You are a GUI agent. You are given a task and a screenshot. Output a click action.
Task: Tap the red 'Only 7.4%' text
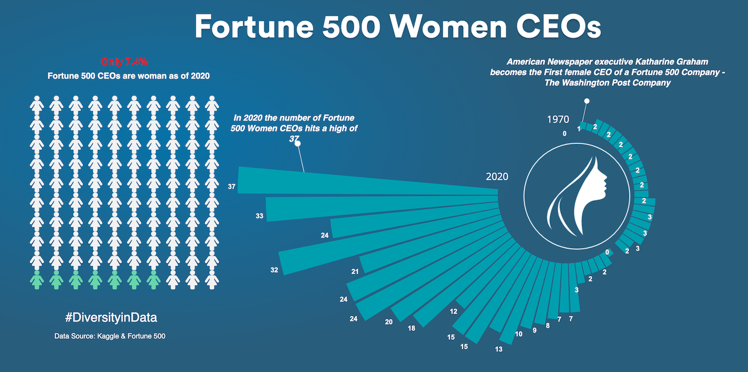(124, 62)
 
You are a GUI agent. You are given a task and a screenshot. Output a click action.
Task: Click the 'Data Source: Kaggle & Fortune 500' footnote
(110, 336)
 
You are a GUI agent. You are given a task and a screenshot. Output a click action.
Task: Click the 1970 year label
(558, 119)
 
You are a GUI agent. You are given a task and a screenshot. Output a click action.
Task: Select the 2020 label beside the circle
(497, 176)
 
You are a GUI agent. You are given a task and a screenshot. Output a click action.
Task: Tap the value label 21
(355, 271)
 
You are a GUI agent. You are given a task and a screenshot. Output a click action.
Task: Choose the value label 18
(411, 328)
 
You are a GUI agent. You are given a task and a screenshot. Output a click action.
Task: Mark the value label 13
(499, 349)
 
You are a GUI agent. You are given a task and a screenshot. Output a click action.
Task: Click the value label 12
(453, 311)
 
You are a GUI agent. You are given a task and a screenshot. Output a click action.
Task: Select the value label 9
(534, 329)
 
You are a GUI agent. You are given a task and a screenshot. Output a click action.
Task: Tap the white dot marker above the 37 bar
(298, 144)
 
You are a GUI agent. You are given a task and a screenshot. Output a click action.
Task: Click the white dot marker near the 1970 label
(587, 101)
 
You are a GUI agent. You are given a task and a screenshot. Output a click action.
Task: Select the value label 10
(518, 334)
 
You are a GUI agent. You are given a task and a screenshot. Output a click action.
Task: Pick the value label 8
(547, 326)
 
